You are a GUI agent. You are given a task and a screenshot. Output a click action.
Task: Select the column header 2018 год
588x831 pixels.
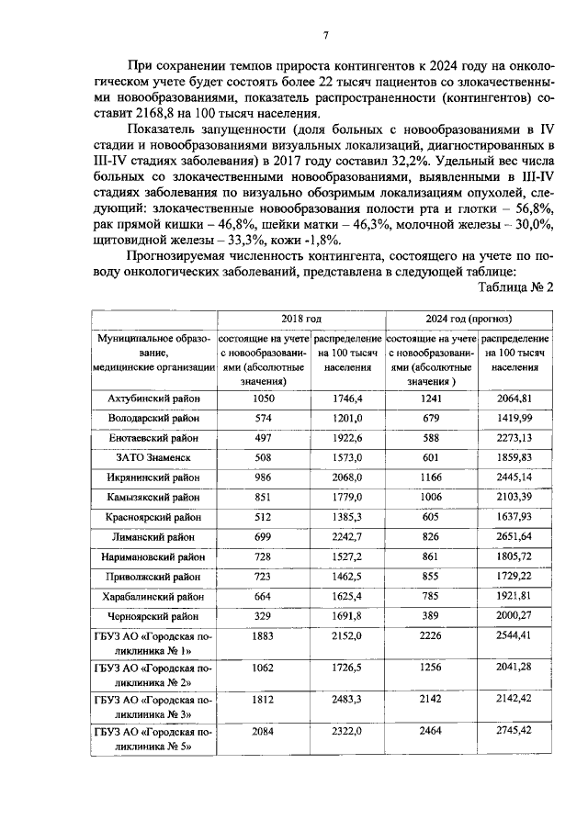coord(300,318)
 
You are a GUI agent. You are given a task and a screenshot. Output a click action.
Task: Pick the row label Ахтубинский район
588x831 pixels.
coord(153,399)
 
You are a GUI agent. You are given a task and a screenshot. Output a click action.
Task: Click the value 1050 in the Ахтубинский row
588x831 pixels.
coord(264,399)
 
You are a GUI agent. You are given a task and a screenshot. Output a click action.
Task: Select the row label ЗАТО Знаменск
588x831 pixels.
coord(153,457)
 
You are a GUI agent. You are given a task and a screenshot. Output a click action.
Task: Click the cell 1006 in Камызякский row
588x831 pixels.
coord(431,497)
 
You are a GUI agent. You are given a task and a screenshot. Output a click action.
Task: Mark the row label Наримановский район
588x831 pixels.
coord(153,556)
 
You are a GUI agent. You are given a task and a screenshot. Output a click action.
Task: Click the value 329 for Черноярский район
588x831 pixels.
coord(264,616)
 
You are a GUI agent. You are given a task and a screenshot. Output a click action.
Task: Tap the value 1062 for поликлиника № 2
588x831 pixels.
coord(264,668)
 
